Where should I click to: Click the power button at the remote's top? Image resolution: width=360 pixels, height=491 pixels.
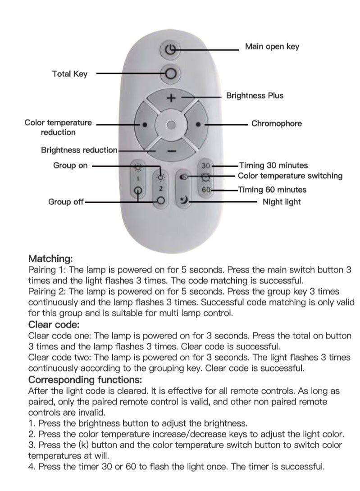coord(171,50)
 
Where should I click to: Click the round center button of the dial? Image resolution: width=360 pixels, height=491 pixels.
coord(171,125)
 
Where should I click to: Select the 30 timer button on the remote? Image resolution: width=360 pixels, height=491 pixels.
coord(206,166)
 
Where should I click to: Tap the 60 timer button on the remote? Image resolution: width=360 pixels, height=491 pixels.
coord(206,190)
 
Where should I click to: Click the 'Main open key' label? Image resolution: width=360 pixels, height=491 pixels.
coord(272,46)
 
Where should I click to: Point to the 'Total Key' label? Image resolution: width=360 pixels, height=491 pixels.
coord(70,73)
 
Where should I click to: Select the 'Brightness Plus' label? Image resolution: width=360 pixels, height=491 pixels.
coord(255,95)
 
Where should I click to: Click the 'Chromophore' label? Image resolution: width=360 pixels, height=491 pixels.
coord(276,123)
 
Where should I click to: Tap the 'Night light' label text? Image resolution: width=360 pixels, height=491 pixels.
coord(282,202)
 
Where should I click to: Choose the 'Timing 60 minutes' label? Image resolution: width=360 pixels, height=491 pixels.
coord(272,190)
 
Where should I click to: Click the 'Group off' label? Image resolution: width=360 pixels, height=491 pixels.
coord(66,202)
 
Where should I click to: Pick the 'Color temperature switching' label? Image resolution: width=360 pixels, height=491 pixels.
coord(290,176)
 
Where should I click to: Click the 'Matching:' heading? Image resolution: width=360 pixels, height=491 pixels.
coord(50,259)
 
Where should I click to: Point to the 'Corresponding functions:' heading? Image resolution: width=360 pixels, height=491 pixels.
coord(85,380)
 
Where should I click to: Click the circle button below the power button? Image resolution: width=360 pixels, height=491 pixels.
coord(171,73)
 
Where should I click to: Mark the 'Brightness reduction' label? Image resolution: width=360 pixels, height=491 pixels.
coord(79,150)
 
